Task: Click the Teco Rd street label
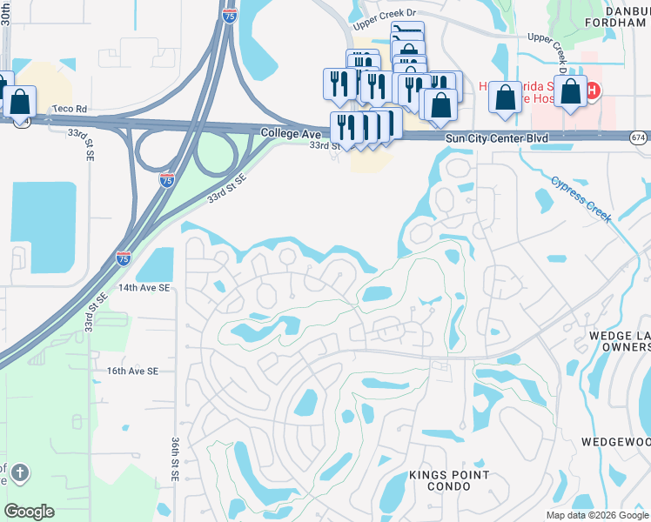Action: point(70,109)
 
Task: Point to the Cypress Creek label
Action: point(582,199)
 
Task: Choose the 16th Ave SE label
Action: point(132,371)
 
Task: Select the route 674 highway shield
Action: point(639,137)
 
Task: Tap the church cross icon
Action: point(21,474)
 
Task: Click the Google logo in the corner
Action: point(29,512)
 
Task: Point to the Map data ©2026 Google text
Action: point(597,515)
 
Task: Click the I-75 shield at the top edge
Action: point(228,15)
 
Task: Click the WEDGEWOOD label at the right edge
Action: point(620,442)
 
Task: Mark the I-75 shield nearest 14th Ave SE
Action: point(124,258)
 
